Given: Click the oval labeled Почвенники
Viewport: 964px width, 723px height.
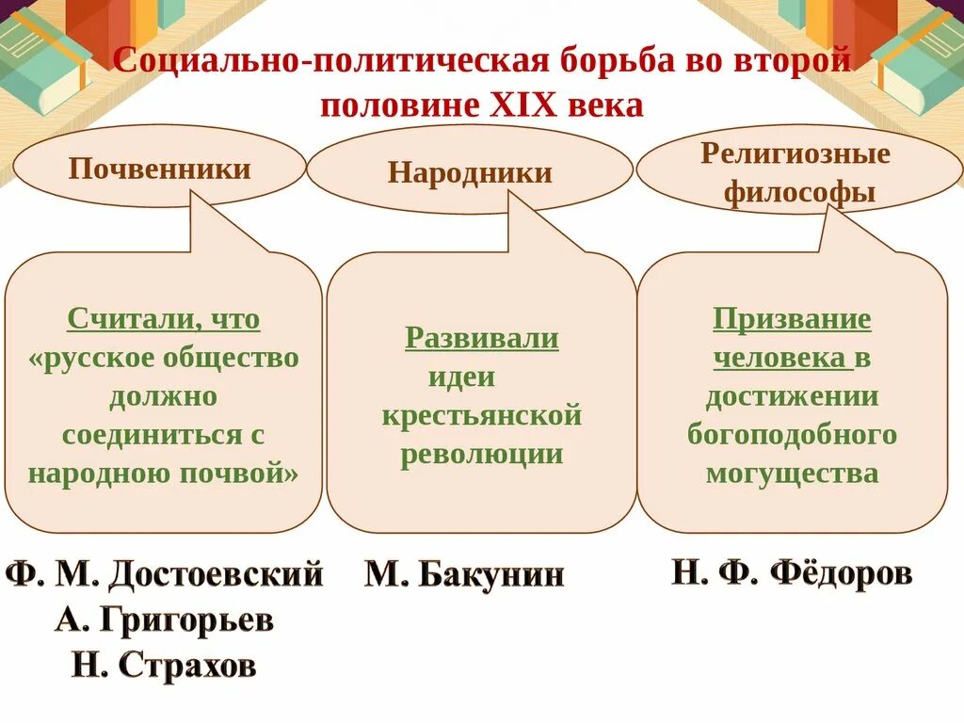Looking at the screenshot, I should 160,169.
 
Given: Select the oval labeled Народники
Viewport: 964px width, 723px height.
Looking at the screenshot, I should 470,172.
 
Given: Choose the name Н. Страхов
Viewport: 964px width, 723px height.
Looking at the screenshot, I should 164,666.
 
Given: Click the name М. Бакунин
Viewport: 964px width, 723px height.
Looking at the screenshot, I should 465,573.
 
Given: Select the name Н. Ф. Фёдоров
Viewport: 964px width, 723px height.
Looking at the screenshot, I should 792,571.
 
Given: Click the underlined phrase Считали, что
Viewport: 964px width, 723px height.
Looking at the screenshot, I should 164,319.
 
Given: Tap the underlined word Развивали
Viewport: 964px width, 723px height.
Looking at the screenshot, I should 482,338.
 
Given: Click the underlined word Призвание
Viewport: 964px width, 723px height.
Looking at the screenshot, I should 792,319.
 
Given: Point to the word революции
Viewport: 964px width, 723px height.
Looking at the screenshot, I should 482,455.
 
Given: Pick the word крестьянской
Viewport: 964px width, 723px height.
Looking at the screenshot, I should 482,416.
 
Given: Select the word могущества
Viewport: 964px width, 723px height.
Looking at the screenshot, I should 792,473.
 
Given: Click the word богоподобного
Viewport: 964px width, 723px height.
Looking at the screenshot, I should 792,434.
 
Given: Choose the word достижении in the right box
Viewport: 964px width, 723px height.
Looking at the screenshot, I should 792,396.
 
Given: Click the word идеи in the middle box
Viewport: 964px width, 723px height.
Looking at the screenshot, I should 461,378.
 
